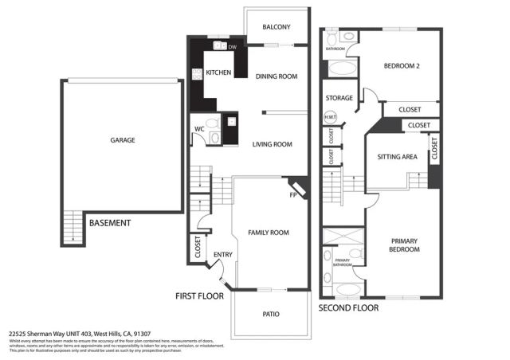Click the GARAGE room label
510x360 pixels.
point(122,140)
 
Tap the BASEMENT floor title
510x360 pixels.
point(109,223)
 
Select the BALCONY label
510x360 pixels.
point(276,27)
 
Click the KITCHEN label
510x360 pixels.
point(218,72)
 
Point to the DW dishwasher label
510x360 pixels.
point(233,48)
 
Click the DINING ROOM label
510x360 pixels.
point(276,76)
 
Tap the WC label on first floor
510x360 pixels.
point(200,129)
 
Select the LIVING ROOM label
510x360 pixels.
point(272,144)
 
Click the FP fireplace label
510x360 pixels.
point(293,194)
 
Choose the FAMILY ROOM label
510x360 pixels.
point(268,233)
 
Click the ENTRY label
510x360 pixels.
point(222,255)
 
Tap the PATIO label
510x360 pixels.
point(271,314)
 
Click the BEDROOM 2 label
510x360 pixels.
point(402,66)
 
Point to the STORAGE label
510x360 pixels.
point(339,98)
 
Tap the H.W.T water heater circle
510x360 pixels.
point(330,119)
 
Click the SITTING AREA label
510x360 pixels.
point(397,157)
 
